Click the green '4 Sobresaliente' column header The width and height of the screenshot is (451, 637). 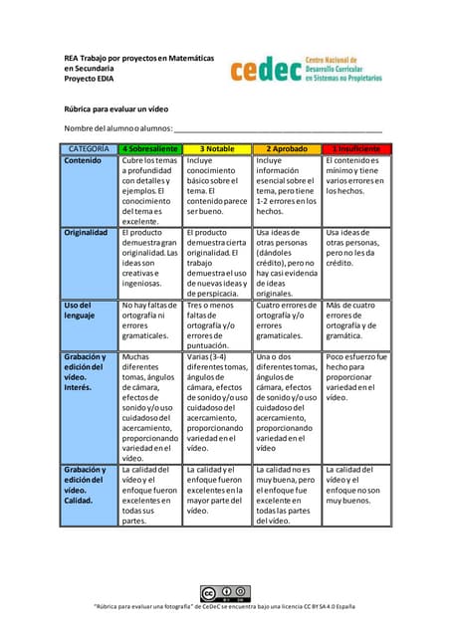151,148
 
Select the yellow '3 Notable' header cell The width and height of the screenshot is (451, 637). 217,148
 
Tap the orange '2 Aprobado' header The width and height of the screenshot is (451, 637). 287,148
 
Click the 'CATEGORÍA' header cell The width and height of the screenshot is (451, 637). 89,148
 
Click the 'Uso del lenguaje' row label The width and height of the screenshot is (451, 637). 79,311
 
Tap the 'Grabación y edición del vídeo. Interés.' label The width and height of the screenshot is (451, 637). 85,371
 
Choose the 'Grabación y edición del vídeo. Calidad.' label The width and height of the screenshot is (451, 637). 85,485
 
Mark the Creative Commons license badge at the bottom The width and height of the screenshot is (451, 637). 226,593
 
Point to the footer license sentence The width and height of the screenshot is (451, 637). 226,607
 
